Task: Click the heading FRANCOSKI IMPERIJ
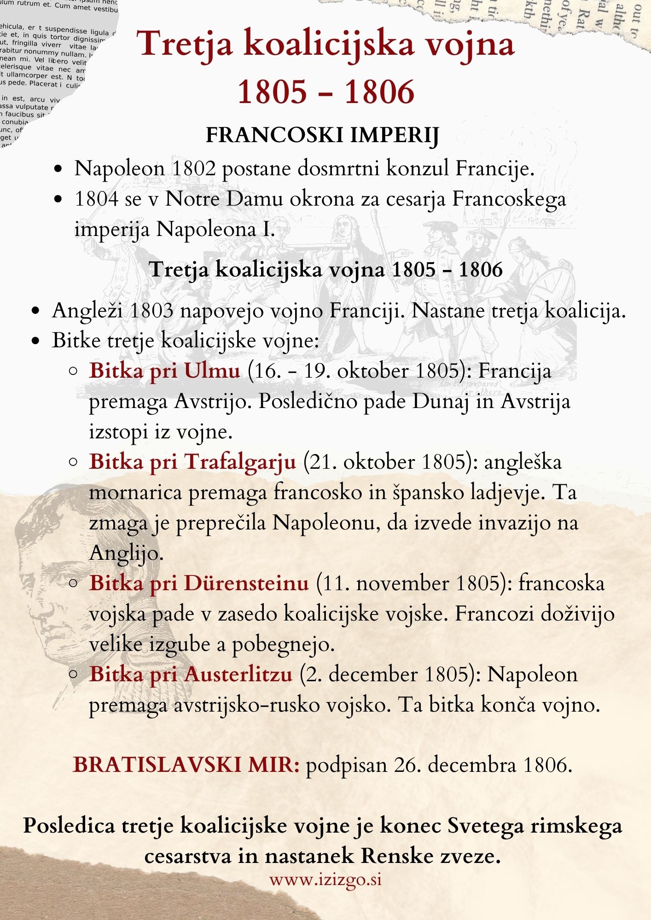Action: coord(322,135)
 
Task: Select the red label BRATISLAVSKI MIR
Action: coord(186,765)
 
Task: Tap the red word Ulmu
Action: coord(212,371)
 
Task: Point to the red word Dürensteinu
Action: coord(246,583)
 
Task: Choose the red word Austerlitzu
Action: coord(238,674)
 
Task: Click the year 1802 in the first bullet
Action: coord(193,169)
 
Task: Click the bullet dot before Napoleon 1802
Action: coord(58,169)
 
